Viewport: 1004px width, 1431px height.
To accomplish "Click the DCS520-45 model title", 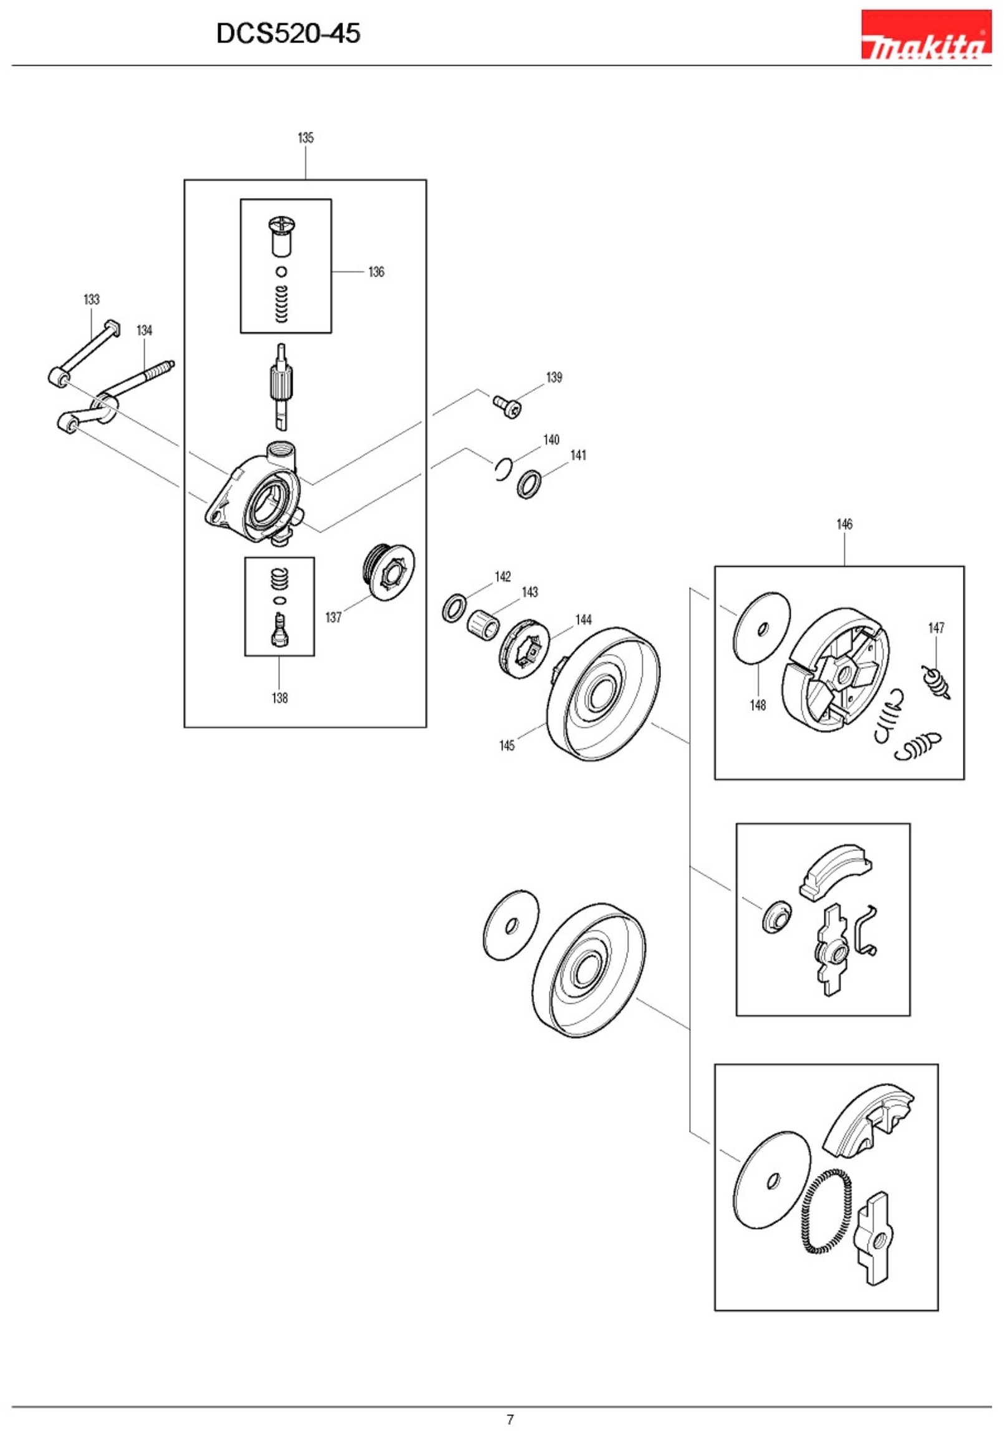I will tap(288, 33).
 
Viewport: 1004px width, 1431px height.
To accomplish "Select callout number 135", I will tap(306, 138).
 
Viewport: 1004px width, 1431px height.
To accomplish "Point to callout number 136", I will tap(376, 272).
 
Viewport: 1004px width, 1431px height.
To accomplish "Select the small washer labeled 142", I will tap(454, 608).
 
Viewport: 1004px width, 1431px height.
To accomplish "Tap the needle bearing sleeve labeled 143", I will tap(483, 625).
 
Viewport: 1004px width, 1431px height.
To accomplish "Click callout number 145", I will tap(506, 745).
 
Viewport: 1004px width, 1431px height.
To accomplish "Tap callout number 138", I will tap(279, 698).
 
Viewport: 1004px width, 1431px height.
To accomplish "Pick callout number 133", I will tap(92, 299).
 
